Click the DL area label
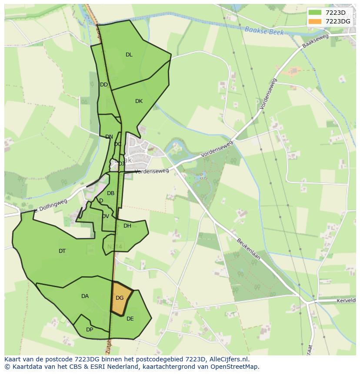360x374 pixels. [x=129, y=55]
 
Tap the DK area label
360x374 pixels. [x=139, y=101]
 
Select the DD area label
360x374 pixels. [x=103, y=85]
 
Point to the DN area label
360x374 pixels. [x=109, y=137]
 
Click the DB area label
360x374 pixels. [x=110, y=193]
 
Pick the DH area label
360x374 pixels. [x=127, y=226]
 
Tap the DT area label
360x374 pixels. [x=62, y=251]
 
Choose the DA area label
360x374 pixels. [x=85, y=296]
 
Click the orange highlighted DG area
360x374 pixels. [x=120, y=298]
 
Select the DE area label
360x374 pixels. [x=130, y=319]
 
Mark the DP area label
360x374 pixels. [x=89, y=330]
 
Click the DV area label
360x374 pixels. [x=105, y=216]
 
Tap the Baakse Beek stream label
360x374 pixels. [x=264, y=31]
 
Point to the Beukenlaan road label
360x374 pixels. [x=248, y=248]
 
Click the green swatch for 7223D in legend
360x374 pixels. [x=315, y=13]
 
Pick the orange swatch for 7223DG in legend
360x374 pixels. [x=315, y=21]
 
